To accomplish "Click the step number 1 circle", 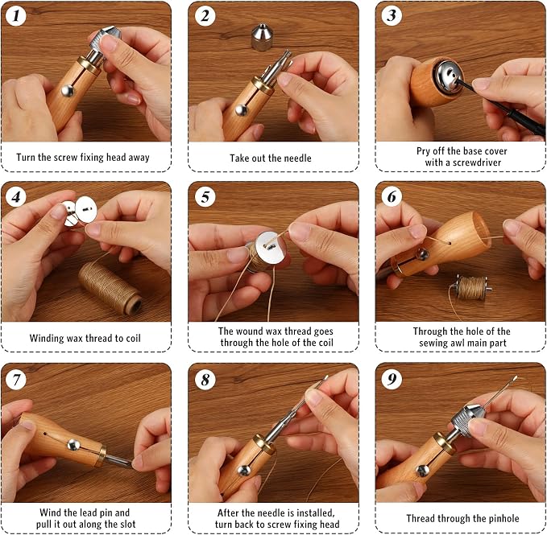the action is click(x=16, y=15).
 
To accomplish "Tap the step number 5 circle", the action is click(x=205, y=197).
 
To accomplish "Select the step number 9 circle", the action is click(x=392, y=379).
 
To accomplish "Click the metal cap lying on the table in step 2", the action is click(x=263, y=37).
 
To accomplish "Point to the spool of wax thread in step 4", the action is click(x=110, y=288).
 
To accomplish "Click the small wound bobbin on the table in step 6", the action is click(x=471, y=288).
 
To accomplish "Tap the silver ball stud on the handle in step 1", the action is click(x=68, y=91).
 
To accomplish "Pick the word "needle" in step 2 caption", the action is click(x=296, y=158).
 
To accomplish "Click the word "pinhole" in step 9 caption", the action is click(x=503, y=519).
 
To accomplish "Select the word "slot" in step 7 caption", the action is click(x=127, y=524).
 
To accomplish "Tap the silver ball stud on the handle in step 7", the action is click(x=73, y=445).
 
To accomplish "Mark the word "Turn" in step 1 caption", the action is click(x=26, y=157).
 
